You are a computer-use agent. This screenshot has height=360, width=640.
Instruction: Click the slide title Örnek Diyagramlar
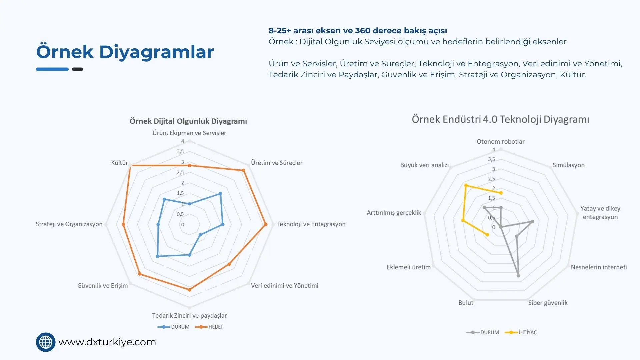pos(125,52)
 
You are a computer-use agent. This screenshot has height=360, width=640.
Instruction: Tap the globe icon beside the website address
pos(46,342)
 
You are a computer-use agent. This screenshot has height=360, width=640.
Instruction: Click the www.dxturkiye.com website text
pos(107,342)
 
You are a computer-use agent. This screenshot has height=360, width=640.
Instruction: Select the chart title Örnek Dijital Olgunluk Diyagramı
pos(188,121)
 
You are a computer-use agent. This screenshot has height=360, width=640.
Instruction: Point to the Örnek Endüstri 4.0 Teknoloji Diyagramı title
pos(500,119)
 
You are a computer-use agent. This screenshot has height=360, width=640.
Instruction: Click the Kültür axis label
pos(119,163)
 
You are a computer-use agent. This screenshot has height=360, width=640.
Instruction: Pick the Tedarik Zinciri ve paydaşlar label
pos(189,315)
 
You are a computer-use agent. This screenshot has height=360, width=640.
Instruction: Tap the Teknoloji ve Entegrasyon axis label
pos(311,224)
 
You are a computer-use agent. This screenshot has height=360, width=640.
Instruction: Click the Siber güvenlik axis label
pos(548,303)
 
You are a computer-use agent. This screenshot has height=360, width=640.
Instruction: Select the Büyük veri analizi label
pos(424,165)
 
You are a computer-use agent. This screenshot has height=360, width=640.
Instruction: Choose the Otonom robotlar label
pos(500,141)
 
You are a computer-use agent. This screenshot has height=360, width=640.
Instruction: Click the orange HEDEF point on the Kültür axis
pos(130,166)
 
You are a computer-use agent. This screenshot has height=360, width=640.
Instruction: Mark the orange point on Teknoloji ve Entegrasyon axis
pos(266,225)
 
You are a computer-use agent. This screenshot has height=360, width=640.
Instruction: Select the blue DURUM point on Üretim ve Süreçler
pos(220,193)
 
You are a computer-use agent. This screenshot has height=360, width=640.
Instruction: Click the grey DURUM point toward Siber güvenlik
pos(518,276)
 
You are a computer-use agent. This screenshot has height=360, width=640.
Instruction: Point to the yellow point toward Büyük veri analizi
pos(466,185)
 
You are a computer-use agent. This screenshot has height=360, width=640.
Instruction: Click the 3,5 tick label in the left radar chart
pos(180,151)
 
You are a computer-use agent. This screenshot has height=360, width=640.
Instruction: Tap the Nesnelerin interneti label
pos(599,267)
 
